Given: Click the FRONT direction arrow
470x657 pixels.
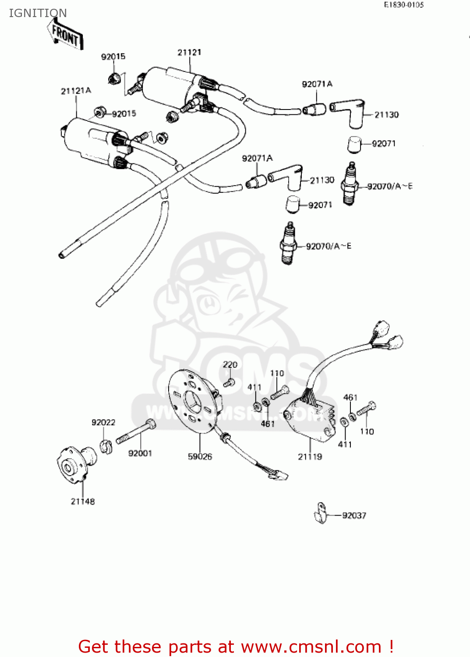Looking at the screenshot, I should point(65,35).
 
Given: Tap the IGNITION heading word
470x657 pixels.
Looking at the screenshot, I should point(38,13).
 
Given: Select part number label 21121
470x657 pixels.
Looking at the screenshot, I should point(189,53).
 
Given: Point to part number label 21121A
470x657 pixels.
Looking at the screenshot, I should point(76,91).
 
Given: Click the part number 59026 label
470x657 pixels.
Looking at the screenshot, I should point(200,456).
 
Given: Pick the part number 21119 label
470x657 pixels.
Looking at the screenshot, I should point(310,456).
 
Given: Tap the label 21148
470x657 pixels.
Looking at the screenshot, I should point(83,501).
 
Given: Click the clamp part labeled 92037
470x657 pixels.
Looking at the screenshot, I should point(320,514).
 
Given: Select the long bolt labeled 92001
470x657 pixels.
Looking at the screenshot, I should point(136,432).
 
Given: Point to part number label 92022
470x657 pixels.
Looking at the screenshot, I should point(103,422).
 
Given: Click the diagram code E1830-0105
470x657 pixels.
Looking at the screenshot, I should point(404,5).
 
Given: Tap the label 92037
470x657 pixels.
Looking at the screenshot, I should point(354,516).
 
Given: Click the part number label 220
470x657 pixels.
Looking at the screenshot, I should point(230,364).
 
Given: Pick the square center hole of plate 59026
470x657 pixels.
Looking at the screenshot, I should point(193,400).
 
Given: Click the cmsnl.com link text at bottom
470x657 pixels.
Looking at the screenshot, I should point(311,646).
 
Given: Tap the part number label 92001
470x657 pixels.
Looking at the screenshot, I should point(140,453).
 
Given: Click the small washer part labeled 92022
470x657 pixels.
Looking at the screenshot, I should point(106,446).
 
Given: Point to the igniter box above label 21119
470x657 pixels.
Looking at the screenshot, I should point(310,418).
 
